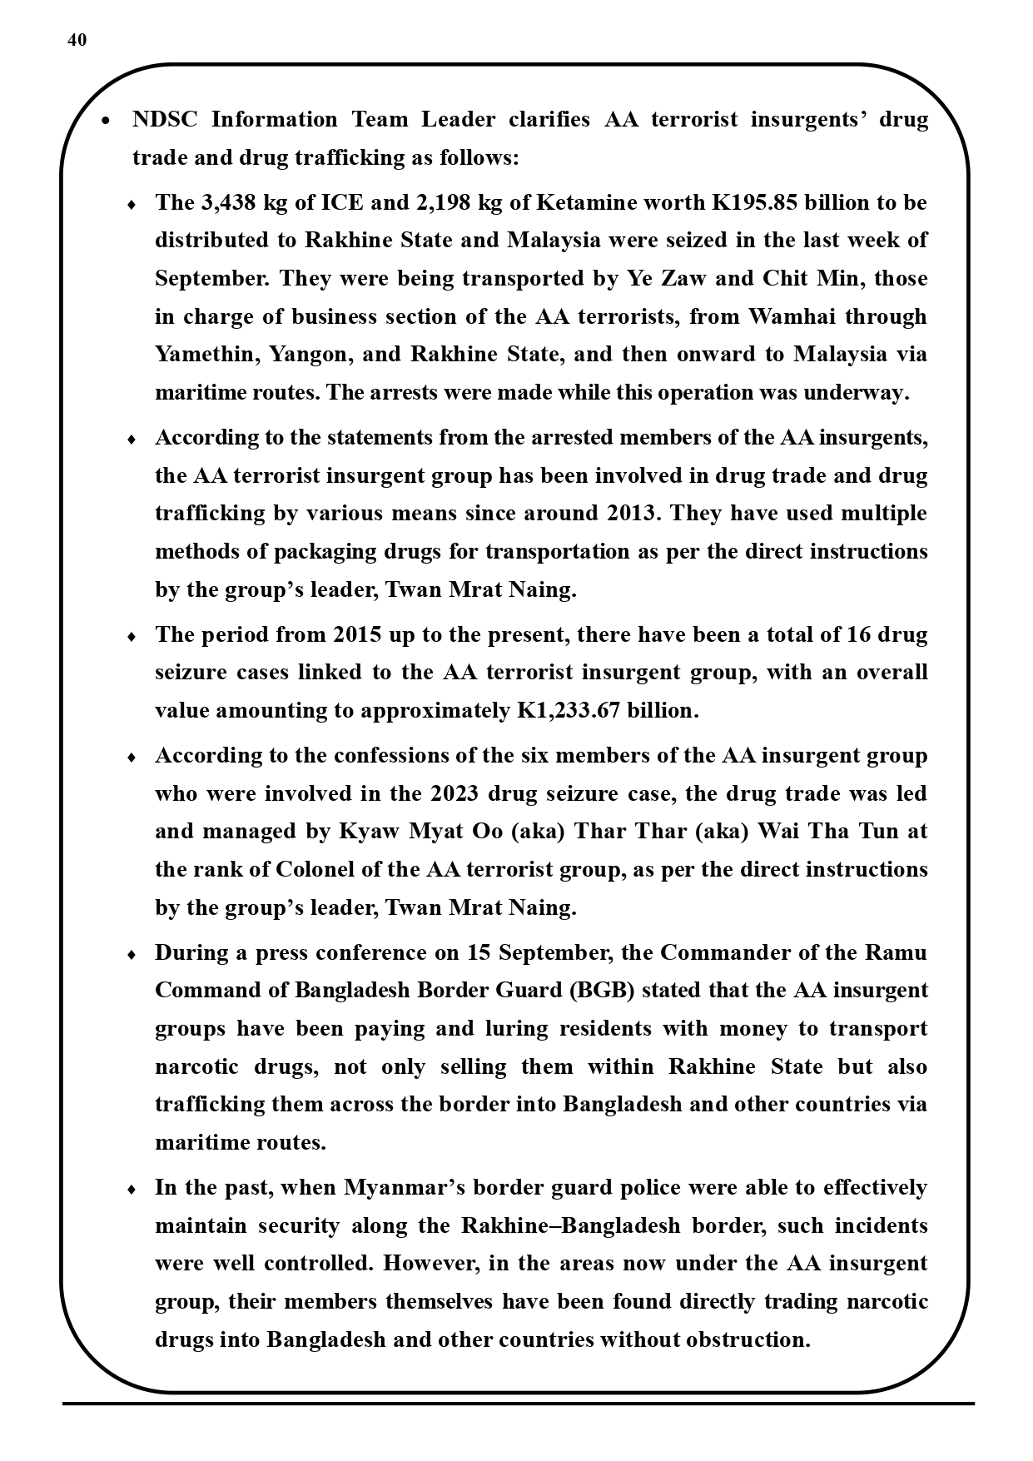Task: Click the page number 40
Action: (x=77, y=40)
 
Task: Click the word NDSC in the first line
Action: (x=165, y=119)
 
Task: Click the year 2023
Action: (x=454, y=793)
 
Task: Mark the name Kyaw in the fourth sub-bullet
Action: (x=367, y=831)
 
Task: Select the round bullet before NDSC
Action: (x=106, y=121)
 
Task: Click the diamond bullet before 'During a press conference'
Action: (x=132, y=955)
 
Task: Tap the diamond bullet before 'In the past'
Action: (x=132, y=1190)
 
